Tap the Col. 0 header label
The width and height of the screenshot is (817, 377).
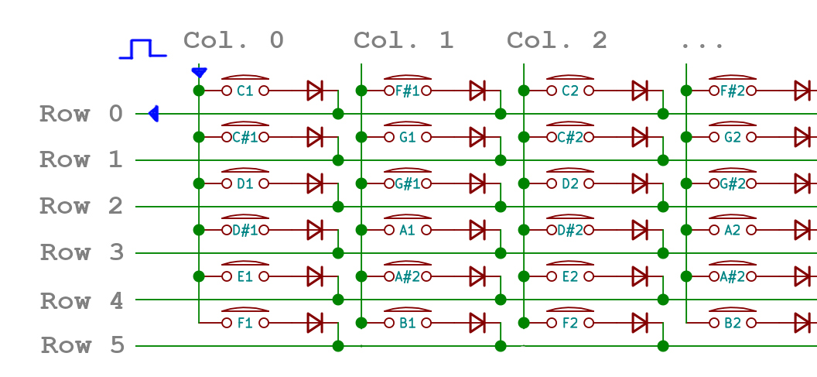point(233,40)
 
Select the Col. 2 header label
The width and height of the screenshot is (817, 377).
point(556,40)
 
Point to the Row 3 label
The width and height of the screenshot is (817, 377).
point(81,252)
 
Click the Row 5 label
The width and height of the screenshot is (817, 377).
point(81,345)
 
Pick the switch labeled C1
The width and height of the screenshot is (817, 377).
point(245,90)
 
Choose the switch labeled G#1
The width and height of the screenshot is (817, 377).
point(407,183)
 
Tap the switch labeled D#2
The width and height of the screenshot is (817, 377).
point(570,230)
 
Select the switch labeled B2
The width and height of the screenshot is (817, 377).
point(733,322)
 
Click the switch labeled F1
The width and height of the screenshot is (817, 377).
point(245,322)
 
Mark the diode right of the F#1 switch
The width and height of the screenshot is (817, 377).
point(477,91)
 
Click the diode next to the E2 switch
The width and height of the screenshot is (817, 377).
point(640,276)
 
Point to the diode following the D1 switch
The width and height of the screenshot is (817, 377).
point(315,183)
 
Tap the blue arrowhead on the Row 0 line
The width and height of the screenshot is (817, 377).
point(153,114)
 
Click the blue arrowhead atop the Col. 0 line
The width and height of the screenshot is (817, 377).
point(199,73)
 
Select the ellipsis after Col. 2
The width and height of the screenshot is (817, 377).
point(702,43)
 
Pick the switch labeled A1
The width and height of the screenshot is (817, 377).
point(407,230)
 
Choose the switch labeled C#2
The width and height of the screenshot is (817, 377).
point(570,137)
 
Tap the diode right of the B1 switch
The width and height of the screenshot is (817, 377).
point(477,323)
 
